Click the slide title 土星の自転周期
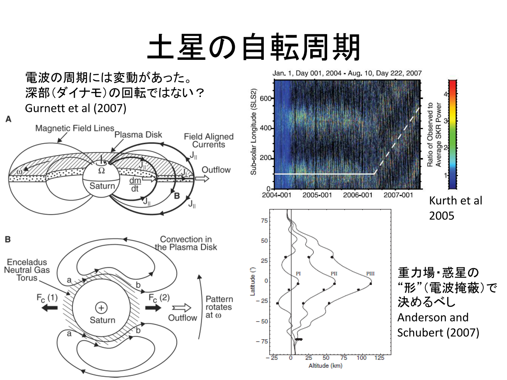click(253, 47)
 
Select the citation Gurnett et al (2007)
click(76, 108)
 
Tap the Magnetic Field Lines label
click(74, 128)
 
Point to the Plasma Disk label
click(138, 135)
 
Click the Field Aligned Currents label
click(209, 141)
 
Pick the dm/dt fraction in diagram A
click(135, 184)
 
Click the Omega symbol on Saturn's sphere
click(101, 170)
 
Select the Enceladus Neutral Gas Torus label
click(27, 270)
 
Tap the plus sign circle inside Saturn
click(101, 308)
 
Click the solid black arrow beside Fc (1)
click(50, 308)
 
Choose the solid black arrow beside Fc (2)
click(153, 308)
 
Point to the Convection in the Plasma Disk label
click(186, 243)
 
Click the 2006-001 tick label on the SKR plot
click(358, 195)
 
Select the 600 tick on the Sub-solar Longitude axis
click(266, 99)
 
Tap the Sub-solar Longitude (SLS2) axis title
click(253, 132)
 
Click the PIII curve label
click(370, 274)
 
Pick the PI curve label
click(298, 274)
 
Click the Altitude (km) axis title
click(326, 366)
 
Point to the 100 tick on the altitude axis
click(361, 358)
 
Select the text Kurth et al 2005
click(456, 208)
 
